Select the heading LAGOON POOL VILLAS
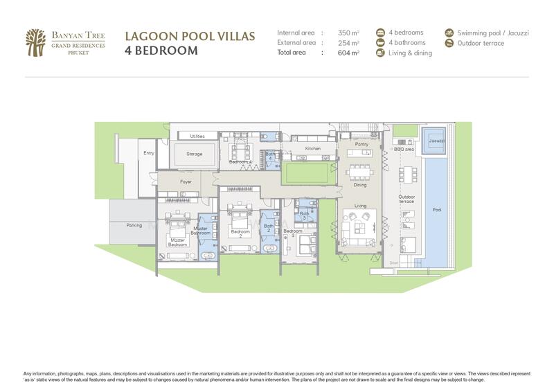pyautogui.click(x=190, y=36)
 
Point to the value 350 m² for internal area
pyautogui.click(x=348, y=33)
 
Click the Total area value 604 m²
pyautogui.click(x=348, y=52)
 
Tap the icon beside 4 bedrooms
pyautogui.click(x=380, y=33)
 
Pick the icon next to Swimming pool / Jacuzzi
pyautogui.click(x=449, y=33)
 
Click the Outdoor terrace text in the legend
pyautogui.click(x=481, y=43)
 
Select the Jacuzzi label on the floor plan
pyautogui.click(x=436, y=140)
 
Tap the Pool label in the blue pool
pyautogui.click(x=436, y=210)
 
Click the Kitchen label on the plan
pyautogui.click(x=313, y=148)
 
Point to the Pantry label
pyautogui.click(x=360, y=144)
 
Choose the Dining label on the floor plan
pyautogui.click(x=360, y=185)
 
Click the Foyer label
pyautogui.click(x=186, y=182)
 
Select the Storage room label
pyautogui.click(x=195, y=154)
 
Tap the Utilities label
pyautogui.click(x=197, y=136)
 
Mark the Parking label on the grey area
pyautogui.click(x=134, y=225)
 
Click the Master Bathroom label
pyautogui.click(x=201, y=231)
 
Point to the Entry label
pyautogui.click(x=148, y=153)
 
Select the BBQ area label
pyautogui.click(x=404, y=149)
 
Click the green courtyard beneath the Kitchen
pyautogui.click(x=305, y=172)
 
